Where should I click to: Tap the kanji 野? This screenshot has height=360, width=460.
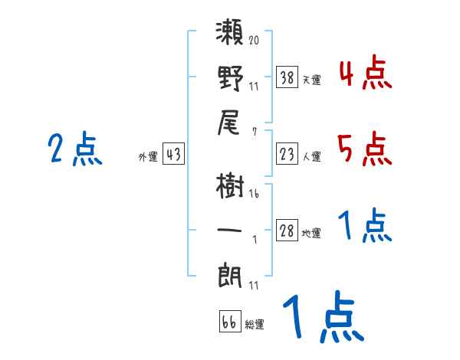click(231, 80)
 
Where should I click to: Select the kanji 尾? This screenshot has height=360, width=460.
click(231, 123)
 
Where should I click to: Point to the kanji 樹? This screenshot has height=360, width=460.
click(231, 187)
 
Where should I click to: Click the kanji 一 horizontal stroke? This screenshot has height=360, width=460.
click(231, 230)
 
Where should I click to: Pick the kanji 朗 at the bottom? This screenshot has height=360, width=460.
click(231, 273)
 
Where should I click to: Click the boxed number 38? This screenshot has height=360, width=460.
click(287, 77)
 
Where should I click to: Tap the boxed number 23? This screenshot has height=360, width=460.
click(287, 154)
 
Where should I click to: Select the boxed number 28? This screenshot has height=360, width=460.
click(287, 231)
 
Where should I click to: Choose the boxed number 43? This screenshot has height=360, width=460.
click(173, 154)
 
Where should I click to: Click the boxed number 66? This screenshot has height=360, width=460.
click(229, 322)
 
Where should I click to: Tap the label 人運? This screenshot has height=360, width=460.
click(312, 157)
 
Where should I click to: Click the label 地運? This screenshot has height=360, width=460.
click(312, 234)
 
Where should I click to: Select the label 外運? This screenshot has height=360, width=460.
click(148, 157)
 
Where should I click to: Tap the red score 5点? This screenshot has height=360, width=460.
click(364, 149)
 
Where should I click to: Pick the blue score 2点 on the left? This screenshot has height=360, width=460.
click(75, 149)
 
